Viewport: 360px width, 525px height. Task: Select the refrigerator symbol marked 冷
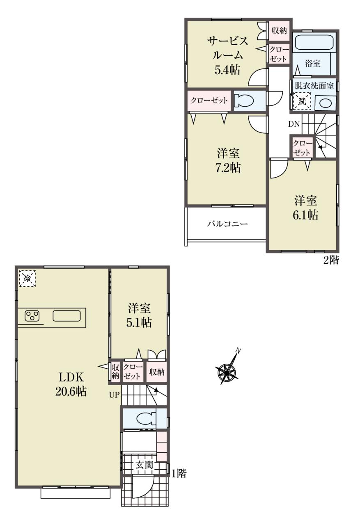[27, 278]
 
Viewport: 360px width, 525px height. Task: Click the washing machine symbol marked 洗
[302, 101]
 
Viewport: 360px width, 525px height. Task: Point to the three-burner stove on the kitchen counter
[32, 316]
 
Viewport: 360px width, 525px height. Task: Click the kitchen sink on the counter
[66, 316]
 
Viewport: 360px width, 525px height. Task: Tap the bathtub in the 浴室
[313, 42]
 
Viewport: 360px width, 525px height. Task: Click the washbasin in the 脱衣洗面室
[325, 103]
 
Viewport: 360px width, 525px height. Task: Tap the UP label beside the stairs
[114, 395]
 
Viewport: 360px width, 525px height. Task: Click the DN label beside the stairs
[294, 124]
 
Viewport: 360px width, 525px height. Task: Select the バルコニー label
[227, 224]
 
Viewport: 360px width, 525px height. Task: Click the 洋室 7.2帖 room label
[228, 161]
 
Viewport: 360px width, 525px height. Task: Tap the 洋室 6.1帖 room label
[305, 208]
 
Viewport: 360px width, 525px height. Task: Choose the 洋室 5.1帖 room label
[139, 315]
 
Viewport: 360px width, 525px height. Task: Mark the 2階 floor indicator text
[331, 260]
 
